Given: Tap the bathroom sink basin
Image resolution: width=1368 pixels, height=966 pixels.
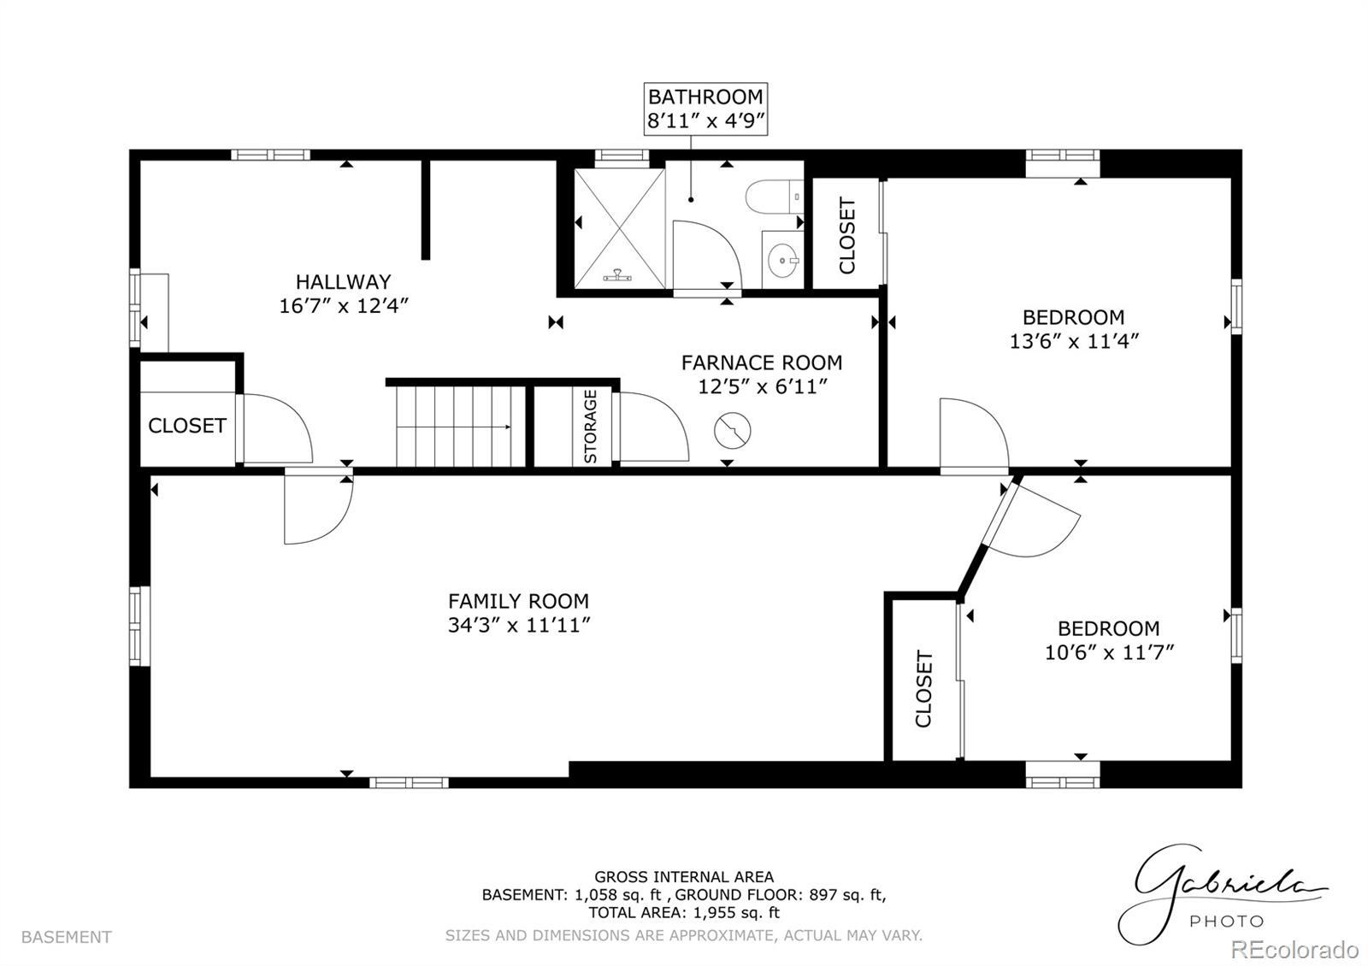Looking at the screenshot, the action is [782, 260].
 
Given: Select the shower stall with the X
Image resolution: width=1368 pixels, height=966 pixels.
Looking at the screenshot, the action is [619, 229].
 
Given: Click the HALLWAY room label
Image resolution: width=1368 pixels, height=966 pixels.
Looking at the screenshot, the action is [343, 281].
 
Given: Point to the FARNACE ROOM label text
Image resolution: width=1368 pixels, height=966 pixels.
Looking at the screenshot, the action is [762, 362].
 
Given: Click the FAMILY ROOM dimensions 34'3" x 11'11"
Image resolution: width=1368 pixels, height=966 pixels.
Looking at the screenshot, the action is [518, 625].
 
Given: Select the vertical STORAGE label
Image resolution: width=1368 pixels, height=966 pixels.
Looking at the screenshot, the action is [590, 427].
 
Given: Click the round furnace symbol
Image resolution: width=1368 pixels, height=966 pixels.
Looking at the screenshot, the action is [732, 431].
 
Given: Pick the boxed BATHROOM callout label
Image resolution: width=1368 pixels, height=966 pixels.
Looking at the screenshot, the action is [705, 109].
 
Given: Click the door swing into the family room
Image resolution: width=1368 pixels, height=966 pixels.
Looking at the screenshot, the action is [318, 508].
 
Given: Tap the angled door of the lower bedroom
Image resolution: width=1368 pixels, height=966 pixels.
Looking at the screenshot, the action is [1032, 519].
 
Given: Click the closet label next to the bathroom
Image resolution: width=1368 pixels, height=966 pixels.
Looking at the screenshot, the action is [847, 235].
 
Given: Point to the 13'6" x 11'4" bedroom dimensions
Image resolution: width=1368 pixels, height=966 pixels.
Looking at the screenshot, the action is [1074, 341].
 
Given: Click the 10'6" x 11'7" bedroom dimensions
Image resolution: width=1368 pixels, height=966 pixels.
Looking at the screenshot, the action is [1109, 652].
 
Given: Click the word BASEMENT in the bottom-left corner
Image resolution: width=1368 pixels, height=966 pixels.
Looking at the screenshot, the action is [67, 937].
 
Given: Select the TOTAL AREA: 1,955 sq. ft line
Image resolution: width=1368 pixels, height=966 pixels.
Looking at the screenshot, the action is [684, 913].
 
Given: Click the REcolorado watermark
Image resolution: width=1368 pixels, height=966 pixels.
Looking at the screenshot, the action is [1294, 950].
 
